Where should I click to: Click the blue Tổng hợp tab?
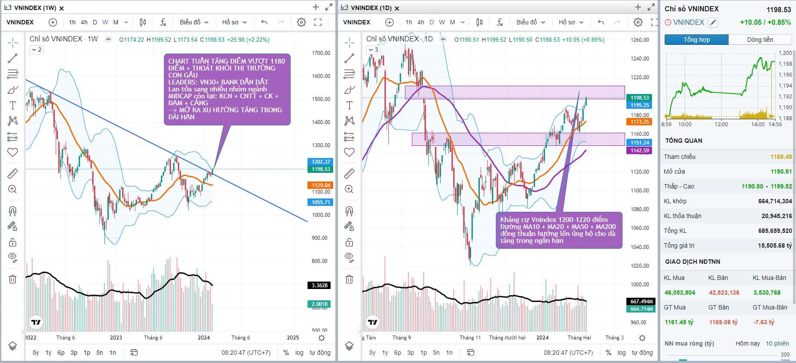coord(696,40)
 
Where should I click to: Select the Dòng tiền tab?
coord(760,40)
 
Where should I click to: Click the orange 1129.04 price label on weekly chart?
coord(321,185)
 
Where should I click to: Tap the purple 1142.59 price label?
coord(640,151)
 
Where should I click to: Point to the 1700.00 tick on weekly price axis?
coord(321,53)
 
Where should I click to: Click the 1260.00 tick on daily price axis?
coord(639,40)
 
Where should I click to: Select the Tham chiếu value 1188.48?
coord(781,157)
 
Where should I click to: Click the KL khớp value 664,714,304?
coord(775,201)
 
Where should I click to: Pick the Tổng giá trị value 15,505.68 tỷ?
coord(775,245)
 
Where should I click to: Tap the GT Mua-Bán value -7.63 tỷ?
coord(764,322)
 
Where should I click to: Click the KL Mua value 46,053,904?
coord(679,292)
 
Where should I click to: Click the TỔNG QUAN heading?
coord(683,141)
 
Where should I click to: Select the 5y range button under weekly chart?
coord(36,353)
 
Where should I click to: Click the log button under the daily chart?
coord(622,353)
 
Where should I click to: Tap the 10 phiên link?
coord(777,343)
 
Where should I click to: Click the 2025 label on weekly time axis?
coord(293,337)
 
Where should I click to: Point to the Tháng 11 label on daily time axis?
coord(470,337)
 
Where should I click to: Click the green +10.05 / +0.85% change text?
coord(765,22)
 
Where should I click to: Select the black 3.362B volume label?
coord(319,286)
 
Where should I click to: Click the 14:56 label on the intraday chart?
coord(775,124)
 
